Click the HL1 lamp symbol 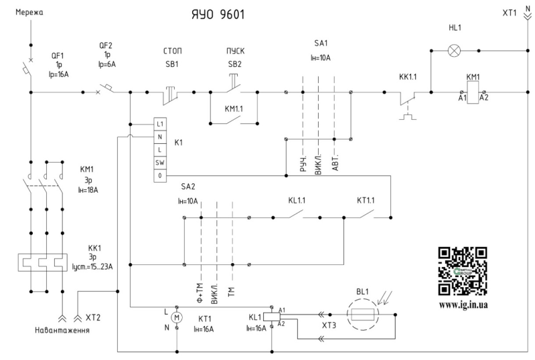[454, 51]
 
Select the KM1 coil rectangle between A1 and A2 [473, 92]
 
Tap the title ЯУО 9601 [218, 14]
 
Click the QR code [463, 272]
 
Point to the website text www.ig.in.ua [463, 304]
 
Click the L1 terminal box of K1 [159, 124]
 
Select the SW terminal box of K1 [159, 163]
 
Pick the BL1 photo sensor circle [363, 314]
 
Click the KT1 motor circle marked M [177, 318]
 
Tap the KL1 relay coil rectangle [272, 317]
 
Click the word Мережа [29, 13]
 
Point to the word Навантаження [62, 330]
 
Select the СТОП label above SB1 [172, 51]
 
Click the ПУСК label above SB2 [236, 51]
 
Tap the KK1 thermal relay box [43, 262]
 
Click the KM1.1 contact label [234, 109]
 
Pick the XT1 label [510, 13]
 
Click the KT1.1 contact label [366, 200]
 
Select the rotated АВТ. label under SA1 [335, 164]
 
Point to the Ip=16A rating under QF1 [58, 74]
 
